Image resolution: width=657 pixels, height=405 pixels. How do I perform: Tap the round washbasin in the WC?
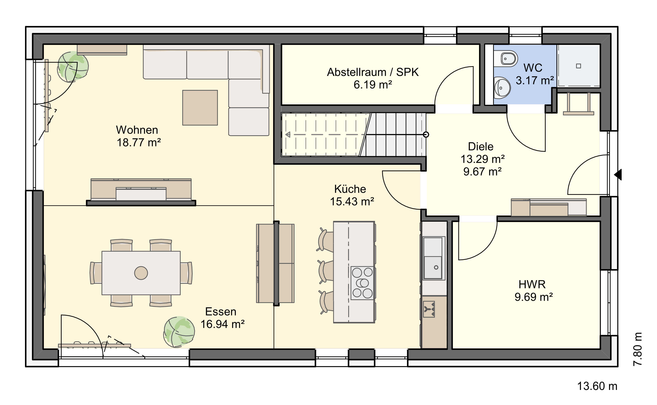[x=502, y=88]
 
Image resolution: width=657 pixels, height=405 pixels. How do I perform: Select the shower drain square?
[x=578, y=66]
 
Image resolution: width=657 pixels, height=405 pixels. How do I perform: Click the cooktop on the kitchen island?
[x=362, y=283]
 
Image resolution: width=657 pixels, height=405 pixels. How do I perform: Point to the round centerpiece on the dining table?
[x=141, y=273]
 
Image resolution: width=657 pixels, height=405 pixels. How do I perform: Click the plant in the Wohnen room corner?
[x=73, y=67]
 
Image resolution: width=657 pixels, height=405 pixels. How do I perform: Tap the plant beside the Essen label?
[x=179, y=332]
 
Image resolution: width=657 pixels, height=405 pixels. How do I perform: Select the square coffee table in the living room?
[x=200, y=108]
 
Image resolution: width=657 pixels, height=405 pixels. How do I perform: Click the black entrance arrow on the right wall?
[x=618, y=175]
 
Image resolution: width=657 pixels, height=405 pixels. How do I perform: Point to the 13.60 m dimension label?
[x=597, y=386]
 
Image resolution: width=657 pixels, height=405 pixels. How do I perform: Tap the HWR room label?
[x=532, y=284]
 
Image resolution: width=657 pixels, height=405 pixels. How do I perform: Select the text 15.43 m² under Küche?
[x=352, y=201]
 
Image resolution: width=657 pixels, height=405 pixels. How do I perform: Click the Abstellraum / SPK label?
[x=373, y=72]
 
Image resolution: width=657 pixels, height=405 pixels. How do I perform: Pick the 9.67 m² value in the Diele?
[x=483, y=171]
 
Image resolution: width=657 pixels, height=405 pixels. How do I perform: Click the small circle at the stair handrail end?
[x=426, y=134]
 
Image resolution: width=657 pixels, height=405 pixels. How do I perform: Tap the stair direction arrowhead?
[x=288, y=134]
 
